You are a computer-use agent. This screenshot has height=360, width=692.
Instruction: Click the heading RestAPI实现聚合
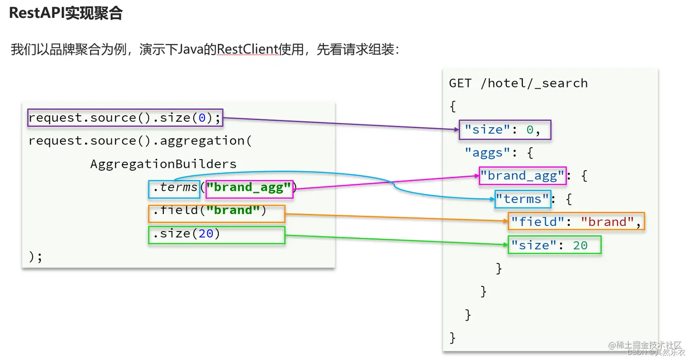(66, 13)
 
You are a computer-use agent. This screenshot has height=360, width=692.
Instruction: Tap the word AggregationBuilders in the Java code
(163, 164)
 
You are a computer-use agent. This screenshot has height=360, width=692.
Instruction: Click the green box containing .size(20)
(216, 235)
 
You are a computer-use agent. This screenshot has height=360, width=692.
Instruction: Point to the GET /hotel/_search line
(518, 83)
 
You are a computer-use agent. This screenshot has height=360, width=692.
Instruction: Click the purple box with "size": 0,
(505, 130)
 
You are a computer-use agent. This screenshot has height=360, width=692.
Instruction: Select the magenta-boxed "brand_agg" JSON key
(523, 176)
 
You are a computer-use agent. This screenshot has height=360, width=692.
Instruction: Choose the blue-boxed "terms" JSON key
(523, 199)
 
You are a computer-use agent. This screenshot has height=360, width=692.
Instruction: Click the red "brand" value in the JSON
(604, 222)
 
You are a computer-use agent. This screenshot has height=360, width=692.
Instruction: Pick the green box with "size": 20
(554, 245)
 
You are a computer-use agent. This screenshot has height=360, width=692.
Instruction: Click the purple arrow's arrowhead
(455, 130)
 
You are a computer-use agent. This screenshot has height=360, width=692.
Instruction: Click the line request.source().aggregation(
(140, 141)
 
